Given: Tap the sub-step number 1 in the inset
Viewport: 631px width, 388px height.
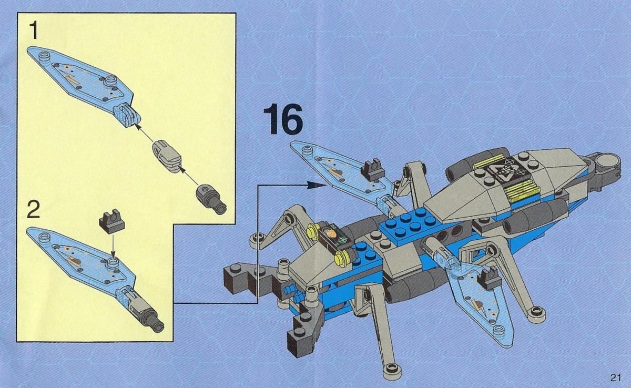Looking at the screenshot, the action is click(34, 31).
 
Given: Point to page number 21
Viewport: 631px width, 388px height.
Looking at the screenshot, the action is click(616, 377).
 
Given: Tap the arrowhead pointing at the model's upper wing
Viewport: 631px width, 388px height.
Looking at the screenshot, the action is click(315, 185).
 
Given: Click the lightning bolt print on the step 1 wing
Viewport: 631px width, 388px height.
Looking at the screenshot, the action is click(73, 80).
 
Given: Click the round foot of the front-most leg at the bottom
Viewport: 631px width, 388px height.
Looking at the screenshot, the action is click(392, 369).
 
